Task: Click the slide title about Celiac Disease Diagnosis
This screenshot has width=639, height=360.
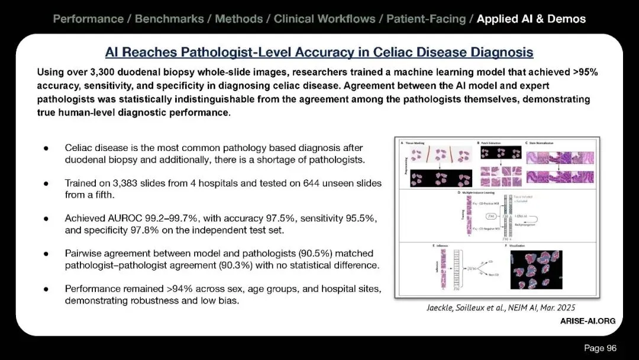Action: point(319,52)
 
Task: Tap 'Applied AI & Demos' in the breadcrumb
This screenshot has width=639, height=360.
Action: point(531,19)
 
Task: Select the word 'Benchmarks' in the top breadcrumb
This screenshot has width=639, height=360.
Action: point(167,19)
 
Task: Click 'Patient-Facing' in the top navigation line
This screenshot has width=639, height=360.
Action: point(426,19)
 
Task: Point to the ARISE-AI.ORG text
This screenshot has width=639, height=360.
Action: point(588,321)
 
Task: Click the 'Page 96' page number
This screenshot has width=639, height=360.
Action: point(600,348)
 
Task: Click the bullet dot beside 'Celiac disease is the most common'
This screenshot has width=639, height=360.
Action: point(46,148)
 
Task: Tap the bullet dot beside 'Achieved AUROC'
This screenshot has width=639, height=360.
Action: point(46,218)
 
